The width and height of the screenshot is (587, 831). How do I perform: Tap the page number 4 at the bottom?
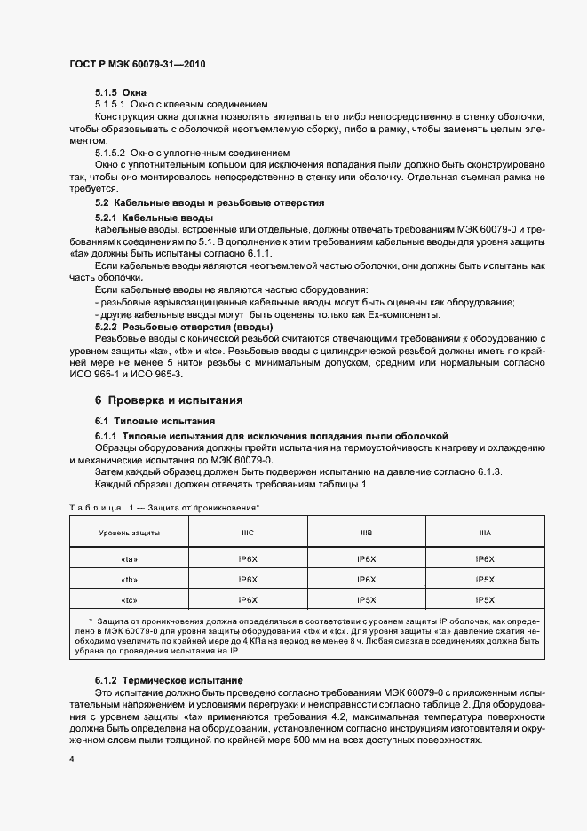(71, 759)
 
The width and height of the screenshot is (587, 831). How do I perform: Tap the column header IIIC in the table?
(248, 532)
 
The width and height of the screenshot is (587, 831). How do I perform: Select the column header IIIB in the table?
(366, 532)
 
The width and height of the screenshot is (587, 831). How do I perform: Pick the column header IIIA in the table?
(485, 532)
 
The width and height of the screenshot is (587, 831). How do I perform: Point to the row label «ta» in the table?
(130, 558)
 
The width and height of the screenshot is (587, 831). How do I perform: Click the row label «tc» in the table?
(130, 599)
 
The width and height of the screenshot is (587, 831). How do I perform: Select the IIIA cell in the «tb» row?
(485, 579)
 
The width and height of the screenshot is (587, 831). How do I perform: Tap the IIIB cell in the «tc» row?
(366, 599)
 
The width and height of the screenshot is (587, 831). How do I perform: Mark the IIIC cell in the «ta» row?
(248, 558)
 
